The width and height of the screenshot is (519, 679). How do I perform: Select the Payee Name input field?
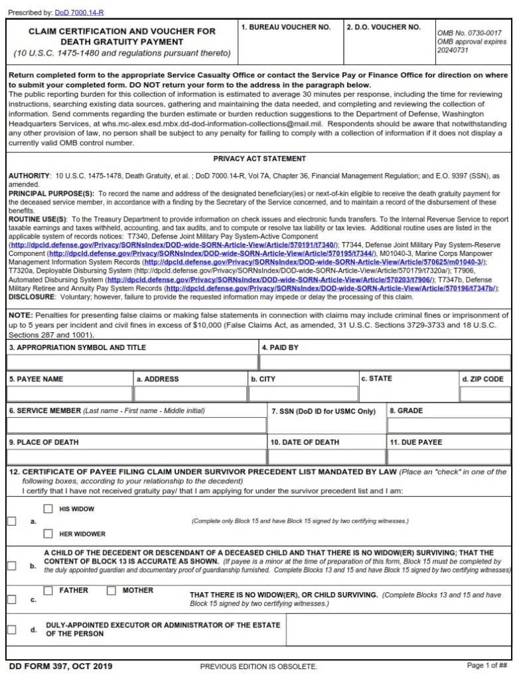69,394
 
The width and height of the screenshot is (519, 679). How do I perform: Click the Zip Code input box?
485,394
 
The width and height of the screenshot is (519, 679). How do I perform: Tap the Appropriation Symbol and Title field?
132,362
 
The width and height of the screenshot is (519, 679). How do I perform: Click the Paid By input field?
385,362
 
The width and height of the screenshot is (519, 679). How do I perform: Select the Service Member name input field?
136,425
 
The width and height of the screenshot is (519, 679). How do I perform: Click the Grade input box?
449,425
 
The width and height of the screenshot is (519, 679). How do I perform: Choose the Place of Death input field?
136,457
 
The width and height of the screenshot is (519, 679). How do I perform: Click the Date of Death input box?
327,457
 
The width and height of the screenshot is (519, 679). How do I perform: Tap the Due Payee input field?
449,457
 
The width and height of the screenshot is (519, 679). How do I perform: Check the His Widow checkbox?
48,509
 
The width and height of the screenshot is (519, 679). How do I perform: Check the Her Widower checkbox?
48,533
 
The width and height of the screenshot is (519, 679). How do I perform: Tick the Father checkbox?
48,590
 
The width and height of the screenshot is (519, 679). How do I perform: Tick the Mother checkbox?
111,590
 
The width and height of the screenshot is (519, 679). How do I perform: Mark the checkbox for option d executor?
12,629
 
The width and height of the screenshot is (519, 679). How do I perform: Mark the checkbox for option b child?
12,566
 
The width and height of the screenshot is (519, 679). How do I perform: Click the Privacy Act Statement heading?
259,159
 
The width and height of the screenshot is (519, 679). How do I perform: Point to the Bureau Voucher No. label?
285,27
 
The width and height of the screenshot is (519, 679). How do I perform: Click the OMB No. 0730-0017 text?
469,32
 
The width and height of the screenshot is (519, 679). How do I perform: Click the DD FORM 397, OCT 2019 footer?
60,666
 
